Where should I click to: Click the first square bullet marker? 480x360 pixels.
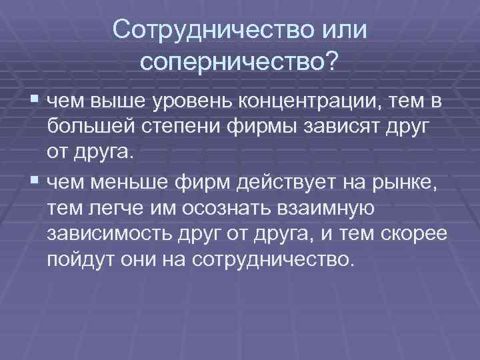pos(35,101)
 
